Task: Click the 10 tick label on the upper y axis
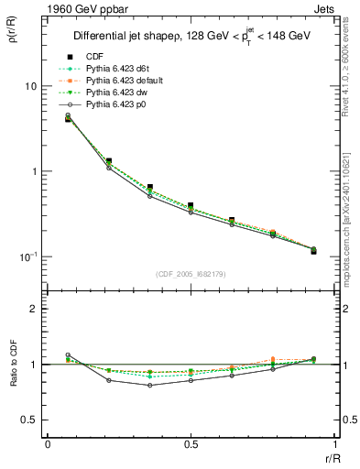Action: pos(29,86)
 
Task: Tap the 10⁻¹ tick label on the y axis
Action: pos(27,256)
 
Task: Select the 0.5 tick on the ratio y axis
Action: pos(30,420)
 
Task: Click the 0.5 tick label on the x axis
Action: pos(190,443)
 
